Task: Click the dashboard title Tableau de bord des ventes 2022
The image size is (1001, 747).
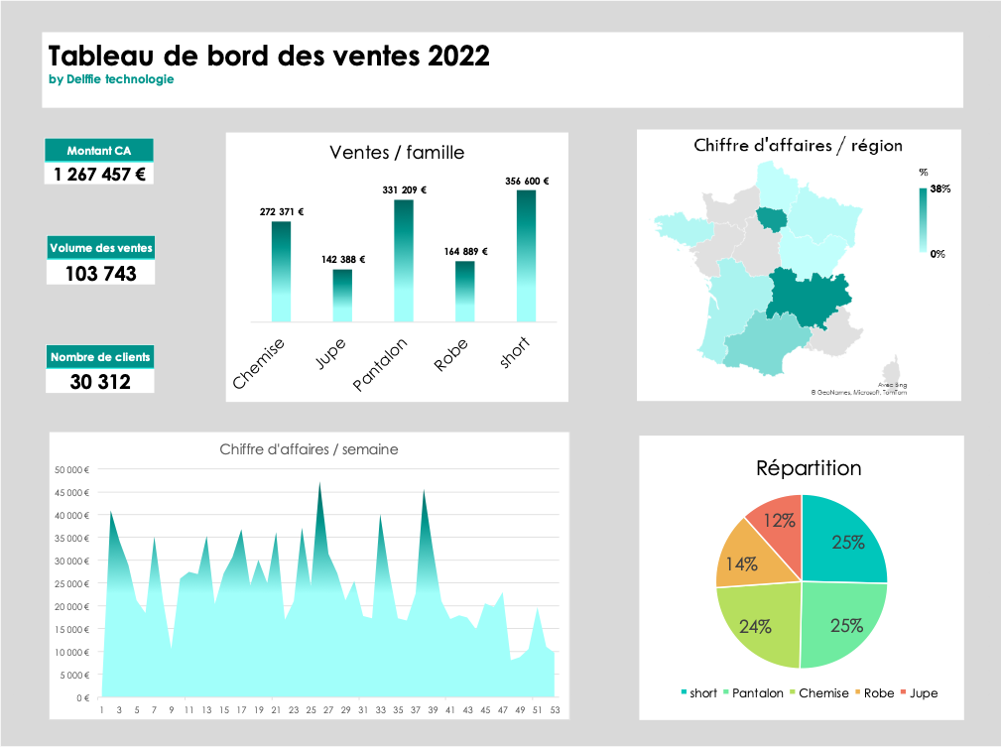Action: pos(269,56)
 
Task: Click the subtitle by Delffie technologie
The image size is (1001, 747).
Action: pos(111,79)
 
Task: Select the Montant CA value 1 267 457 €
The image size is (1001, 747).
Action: pos(99,174)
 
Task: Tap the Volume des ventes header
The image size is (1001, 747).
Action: pos(100,248)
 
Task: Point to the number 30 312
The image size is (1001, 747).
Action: pos(100,380)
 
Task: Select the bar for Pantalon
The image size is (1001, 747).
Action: pos(404,261)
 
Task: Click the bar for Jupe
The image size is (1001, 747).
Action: pos(342,296)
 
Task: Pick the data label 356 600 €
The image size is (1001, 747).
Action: pos(526,182)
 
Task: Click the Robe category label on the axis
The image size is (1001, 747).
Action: pos(451,355)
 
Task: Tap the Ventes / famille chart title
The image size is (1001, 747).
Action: pos(397,153)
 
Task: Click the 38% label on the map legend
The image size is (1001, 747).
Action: pos(940,188)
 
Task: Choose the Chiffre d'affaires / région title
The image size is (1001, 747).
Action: pos(798,146)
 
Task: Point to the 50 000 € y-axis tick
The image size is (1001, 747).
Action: pos(72,469)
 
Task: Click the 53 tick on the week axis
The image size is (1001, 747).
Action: pos(554,710)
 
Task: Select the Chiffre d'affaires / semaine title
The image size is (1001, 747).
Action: pos(309,449)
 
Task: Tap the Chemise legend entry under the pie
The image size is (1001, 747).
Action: pos(823,693)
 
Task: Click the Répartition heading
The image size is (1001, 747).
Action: pos(809,468)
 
